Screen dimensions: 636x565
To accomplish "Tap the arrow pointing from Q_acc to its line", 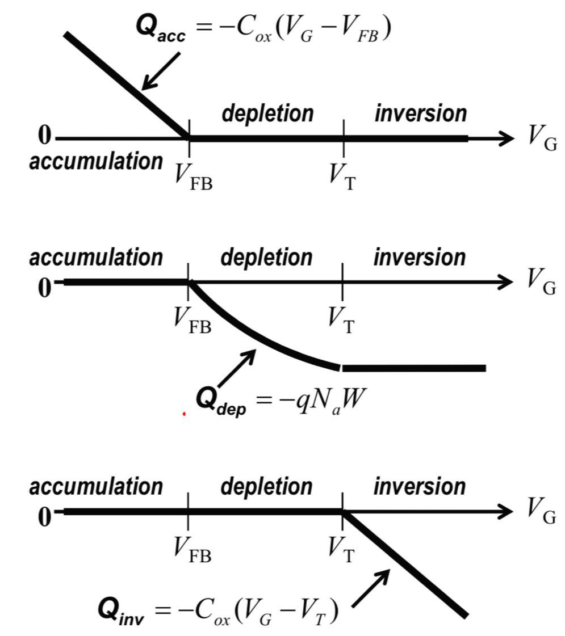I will coord(161,71).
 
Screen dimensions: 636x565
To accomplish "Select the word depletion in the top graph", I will coord(267,113).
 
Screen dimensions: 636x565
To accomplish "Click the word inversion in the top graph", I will coord(420,113).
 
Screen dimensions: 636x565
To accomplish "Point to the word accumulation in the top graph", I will coord(96,161).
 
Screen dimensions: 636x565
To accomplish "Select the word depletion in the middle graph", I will coord(266,258).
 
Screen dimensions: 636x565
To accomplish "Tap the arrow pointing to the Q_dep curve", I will coord(235,369).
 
